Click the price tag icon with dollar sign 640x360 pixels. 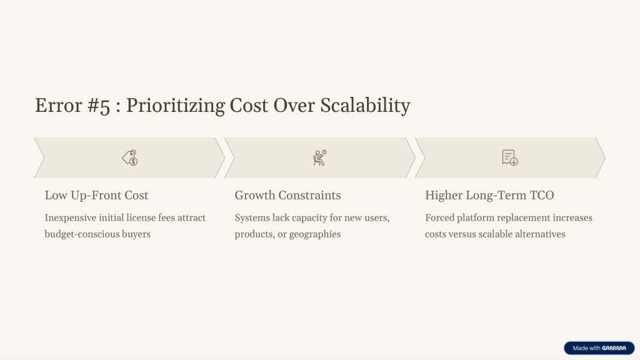(130, 157)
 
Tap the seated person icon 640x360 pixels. (319, 157)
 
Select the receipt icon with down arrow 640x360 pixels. (510, 157)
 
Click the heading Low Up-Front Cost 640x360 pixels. (96, 196)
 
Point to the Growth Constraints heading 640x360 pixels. (287, 195)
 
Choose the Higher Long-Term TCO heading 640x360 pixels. (489, 196)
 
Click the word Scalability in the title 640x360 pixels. (365, 106)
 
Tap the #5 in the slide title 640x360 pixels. (99, 106)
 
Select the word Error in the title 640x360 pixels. (58, 106)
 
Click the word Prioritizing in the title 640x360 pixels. (175, 106)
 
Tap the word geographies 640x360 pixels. (315, 234)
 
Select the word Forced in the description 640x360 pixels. (439, 217)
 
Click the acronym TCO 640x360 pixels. (542, 195)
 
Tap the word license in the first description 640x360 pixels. (140, 217)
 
